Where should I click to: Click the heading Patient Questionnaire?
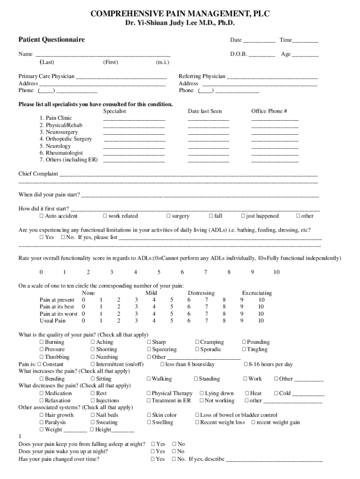click(x=51, y=40)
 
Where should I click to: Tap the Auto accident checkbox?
click(x=42, y=216)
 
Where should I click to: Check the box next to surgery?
click(x=169, y=216)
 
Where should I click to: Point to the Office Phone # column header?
click(x=269, y=111)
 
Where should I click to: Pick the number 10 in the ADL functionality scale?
click(x=276, y=272)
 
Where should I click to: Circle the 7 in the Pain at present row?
click(x=206, y=300)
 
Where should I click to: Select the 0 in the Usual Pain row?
click(x=83, y=321)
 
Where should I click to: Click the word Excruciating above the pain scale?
click(x=257, y=293)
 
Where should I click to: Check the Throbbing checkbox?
click(x=42, y=357)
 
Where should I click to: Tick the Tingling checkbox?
click(x=244, y=349)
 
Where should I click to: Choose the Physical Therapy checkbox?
click(x=149, y=393)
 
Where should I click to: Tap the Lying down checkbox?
click(x=202, y=393)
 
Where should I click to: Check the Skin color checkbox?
click(x=149, y=415)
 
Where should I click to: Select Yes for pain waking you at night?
click(x=153, y=451)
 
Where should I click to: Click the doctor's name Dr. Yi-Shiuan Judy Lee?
click(x=180, y=23)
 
